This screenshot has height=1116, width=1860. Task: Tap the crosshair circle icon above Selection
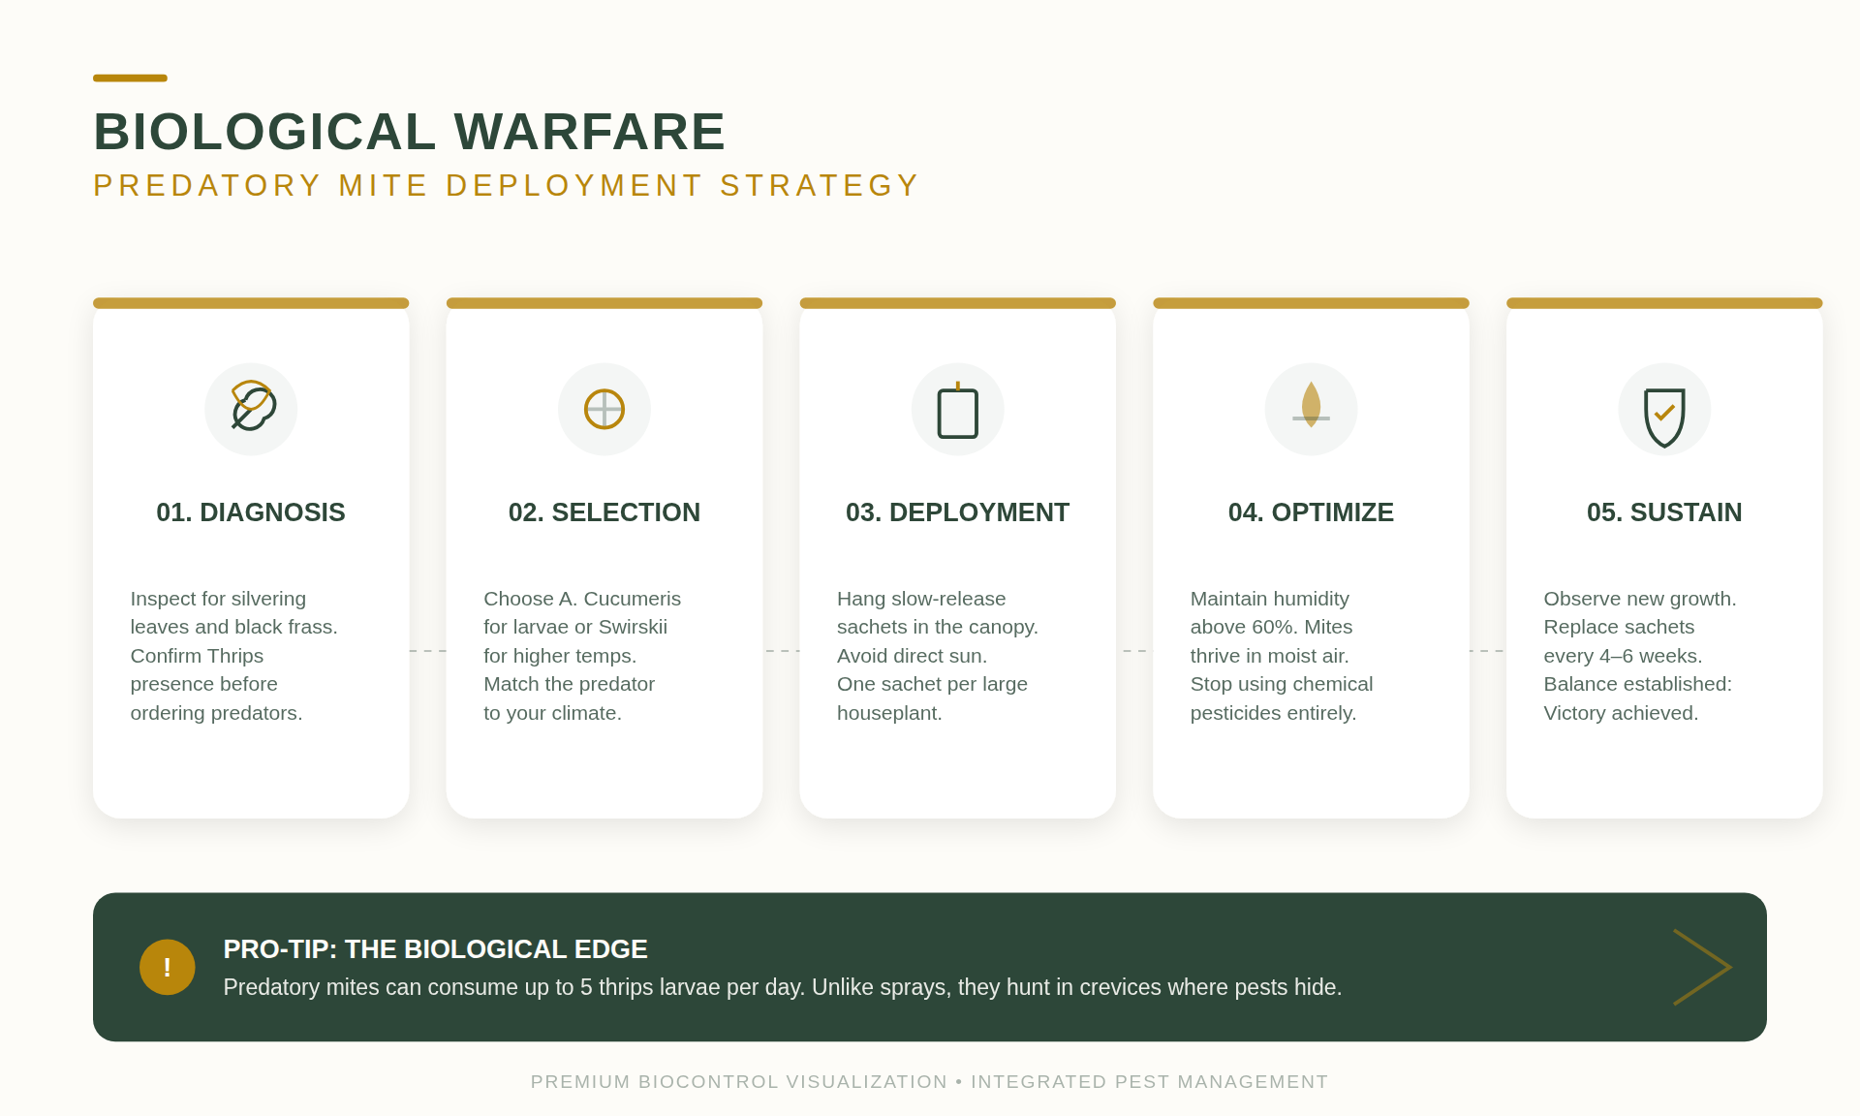[x=604, y=409]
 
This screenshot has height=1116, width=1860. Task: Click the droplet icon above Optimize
[x=1311, y=405]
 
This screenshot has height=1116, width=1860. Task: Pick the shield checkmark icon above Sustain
[x=1664, y=418]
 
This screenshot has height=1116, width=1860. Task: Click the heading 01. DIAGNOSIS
[x=251, y=512]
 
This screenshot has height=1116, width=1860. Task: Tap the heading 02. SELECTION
[x=604, y=512]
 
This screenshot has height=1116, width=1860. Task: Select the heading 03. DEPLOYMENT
[x=957, y=512]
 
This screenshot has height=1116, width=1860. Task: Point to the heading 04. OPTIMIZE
[x=1311, y=512]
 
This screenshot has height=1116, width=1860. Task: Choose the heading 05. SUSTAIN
[x=1664, y=512]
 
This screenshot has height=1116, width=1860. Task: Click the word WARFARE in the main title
[x=590, y=132]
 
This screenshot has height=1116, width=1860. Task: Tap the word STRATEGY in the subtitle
[x=820, y=185]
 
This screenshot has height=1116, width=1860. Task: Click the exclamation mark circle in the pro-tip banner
[x=168, y=967]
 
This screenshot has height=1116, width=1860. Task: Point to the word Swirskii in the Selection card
[x=633, y=627]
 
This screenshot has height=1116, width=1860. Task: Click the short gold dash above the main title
[x=130, y=77]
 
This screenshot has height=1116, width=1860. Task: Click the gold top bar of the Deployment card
[x=957, y=303]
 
